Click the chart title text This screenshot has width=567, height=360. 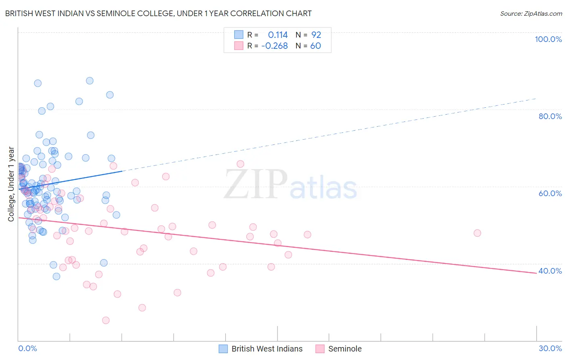(158, 13)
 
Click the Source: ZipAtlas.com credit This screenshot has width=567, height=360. (531, 13)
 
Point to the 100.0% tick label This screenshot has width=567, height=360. (548, 39)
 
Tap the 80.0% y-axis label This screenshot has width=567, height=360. (550, 116)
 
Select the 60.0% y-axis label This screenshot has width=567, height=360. (550, 193)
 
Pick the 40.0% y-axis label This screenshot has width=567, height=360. (550, 271)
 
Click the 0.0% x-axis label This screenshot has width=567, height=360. (27, 348)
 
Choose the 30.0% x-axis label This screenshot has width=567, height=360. (550, 348)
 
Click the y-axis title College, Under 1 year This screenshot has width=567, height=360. (11, 184)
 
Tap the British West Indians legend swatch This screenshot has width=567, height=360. (223, 349)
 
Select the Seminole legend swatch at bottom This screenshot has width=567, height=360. (320, 349)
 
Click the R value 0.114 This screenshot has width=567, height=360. (278, 35)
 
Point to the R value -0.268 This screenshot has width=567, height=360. (275, 46)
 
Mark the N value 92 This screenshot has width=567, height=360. (316, 35)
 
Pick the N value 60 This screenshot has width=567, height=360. (316, 46)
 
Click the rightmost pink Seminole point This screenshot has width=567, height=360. (477, 233)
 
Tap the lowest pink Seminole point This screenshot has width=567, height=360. (106, 320)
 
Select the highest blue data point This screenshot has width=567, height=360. (90, 81)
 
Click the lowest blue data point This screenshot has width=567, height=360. (56, 276)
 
